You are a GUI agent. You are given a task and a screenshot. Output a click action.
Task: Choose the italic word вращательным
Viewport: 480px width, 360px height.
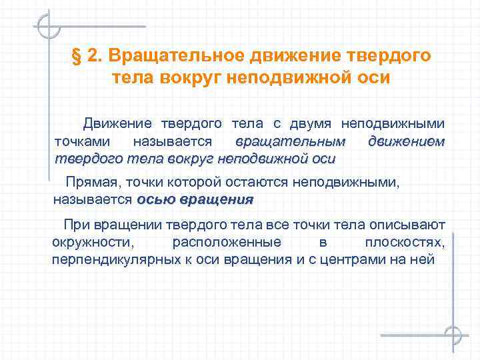coord(291,141)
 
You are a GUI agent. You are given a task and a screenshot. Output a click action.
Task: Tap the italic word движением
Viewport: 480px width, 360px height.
coord(406,141)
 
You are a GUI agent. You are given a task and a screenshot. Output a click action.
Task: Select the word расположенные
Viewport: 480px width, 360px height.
coord(227,242)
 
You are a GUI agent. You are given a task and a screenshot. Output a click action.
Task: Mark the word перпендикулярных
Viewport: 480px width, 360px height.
coord(109,259)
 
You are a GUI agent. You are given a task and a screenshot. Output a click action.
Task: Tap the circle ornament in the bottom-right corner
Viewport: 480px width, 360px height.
coord(453,335)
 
